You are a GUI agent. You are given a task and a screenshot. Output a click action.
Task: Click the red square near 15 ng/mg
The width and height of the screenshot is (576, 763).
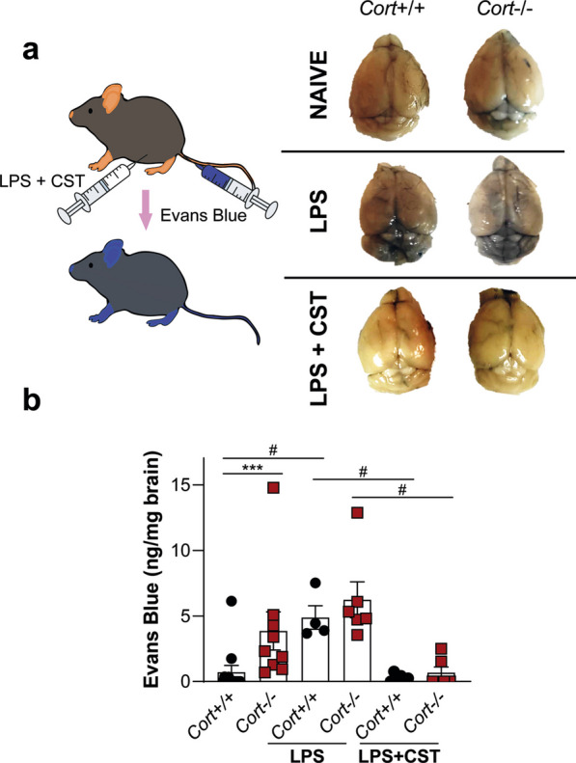point(274,487)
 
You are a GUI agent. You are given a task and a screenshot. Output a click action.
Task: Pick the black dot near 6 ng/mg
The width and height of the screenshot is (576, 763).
point(232,601)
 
